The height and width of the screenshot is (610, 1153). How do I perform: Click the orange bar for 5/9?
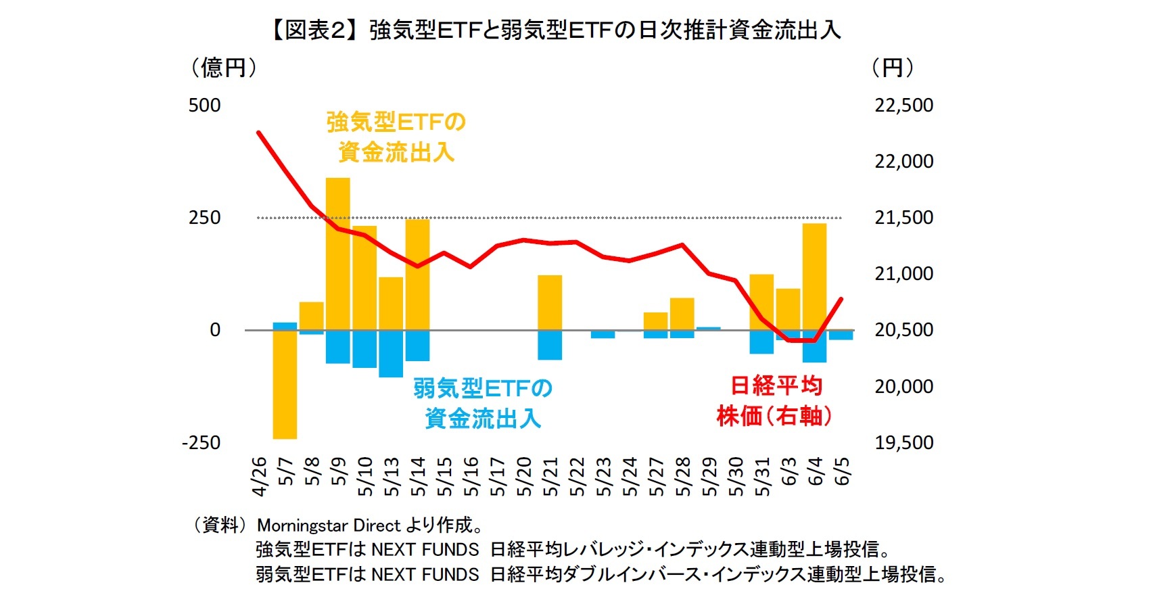pos(338,254)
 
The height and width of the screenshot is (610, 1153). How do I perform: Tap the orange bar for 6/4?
pos(814,277)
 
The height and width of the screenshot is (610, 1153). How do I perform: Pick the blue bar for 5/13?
pos(391,353)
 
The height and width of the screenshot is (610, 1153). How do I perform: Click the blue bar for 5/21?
pos(550,345)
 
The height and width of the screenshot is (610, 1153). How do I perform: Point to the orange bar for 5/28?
pos(682,314)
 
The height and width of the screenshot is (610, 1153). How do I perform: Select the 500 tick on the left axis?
pos(204,105)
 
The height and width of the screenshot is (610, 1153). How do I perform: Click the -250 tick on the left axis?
pos(201,443)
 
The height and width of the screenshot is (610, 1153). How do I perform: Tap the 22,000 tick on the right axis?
pos(903,162)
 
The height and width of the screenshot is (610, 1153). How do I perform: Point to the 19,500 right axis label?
pos(903,443)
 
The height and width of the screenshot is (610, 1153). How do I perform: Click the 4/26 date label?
pos(259,476)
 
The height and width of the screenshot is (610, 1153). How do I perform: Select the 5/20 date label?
pos(524,476)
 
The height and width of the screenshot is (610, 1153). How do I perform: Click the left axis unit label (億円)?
pos(224,68)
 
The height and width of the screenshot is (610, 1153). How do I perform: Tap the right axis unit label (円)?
pos(893,68)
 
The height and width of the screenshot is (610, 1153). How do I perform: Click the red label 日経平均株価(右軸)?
pos(775,400)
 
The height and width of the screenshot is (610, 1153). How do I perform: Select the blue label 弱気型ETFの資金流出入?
pos(483,403)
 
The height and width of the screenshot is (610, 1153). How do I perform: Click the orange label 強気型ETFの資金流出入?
pos(396,137)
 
